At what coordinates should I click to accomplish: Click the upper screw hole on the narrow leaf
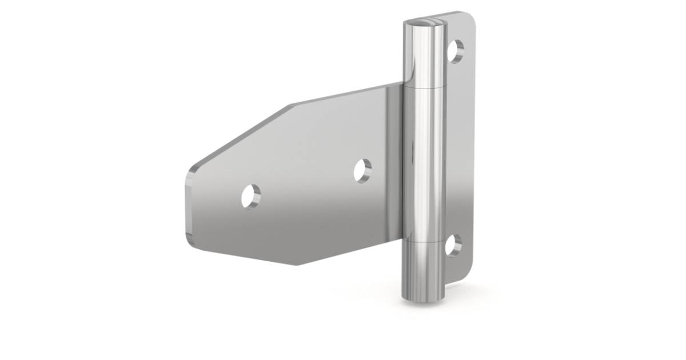tap(456, 51)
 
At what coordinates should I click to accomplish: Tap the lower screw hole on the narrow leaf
tap(453, 245)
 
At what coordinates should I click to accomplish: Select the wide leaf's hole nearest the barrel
tap(362, 170)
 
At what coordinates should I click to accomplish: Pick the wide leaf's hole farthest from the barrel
tap(250, 195)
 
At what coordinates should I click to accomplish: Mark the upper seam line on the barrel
tap(425, 89)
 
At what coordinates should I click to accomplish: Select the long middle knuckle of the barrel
tap(425, 166)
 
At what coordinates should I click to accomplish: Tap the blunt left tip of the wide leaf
tap(189, 206)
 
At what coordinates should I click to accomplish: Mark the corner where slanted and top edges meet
tap(292, 105)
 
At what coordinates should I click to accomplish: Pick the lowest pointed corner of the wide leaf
tap(296, 265)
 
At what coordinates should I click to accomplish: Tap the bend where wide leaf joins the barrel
tap(400, 171)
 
